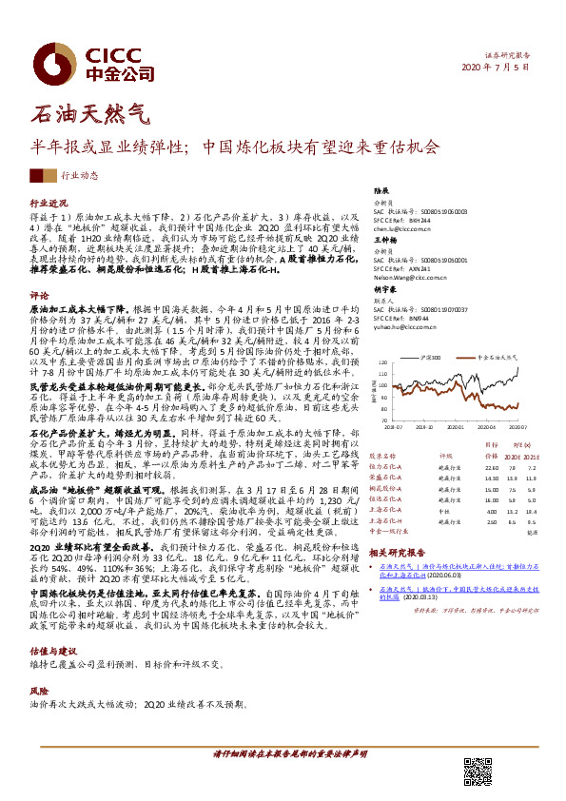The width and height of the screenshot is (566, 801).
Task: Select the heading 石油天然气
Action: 91,116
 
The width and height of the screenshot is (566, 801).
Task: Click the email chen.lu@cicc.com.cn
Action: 396,229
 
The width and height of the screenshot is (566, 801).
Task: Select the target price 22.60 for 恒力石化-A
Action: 491,467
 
